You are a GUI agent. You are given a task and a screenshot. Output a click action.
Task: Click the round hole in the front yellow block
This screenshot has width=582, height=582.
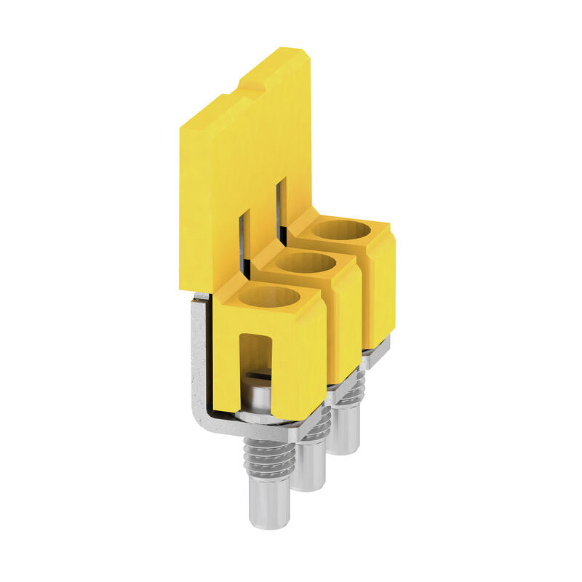(x=269, y=297)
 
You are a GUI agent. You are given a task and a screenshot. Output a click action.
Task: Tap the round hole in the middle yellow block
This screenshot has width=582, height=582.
(x=306, y=263)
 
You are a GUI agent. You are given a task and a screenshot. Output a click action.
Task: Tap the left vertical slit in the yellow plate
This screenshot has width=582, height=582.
(x=244, y=240)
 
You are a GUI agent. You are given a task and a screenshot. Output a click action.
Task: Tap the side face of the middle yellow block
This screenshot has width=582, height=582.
(x=347, y=320)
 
